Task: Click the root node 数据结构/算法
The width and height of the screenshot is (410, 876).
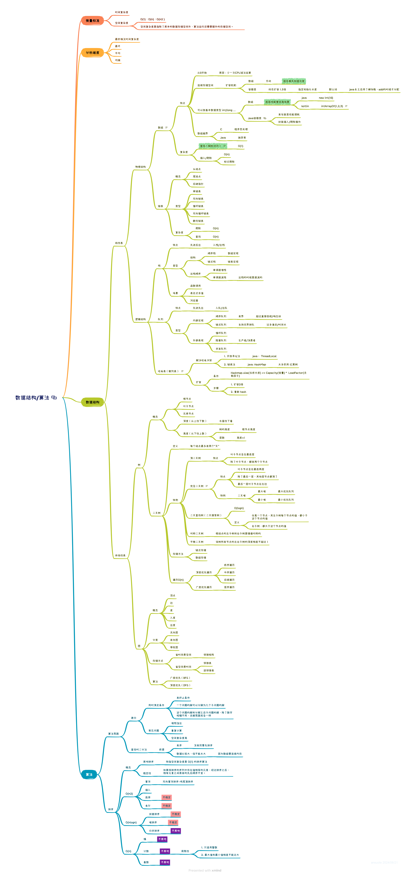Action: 32,398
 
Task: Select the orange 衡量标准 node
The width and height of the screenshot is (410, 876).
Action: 92,21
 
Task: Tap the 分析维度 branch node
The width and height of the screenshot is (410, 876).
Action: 92,53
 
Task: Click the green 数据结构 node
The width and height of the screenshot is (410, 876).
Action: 92,402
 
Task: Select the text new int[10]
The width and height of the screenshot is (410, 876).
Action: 326,98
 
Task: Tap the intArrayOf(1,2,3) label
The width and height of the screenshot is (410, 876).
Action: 332,106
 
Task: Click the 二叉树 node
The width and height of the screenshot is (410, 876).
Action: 157,513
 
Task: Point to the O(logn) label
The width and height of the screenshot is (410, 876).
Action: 239,508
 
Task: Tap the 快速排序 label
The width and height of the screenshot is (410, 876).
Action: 154,814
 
